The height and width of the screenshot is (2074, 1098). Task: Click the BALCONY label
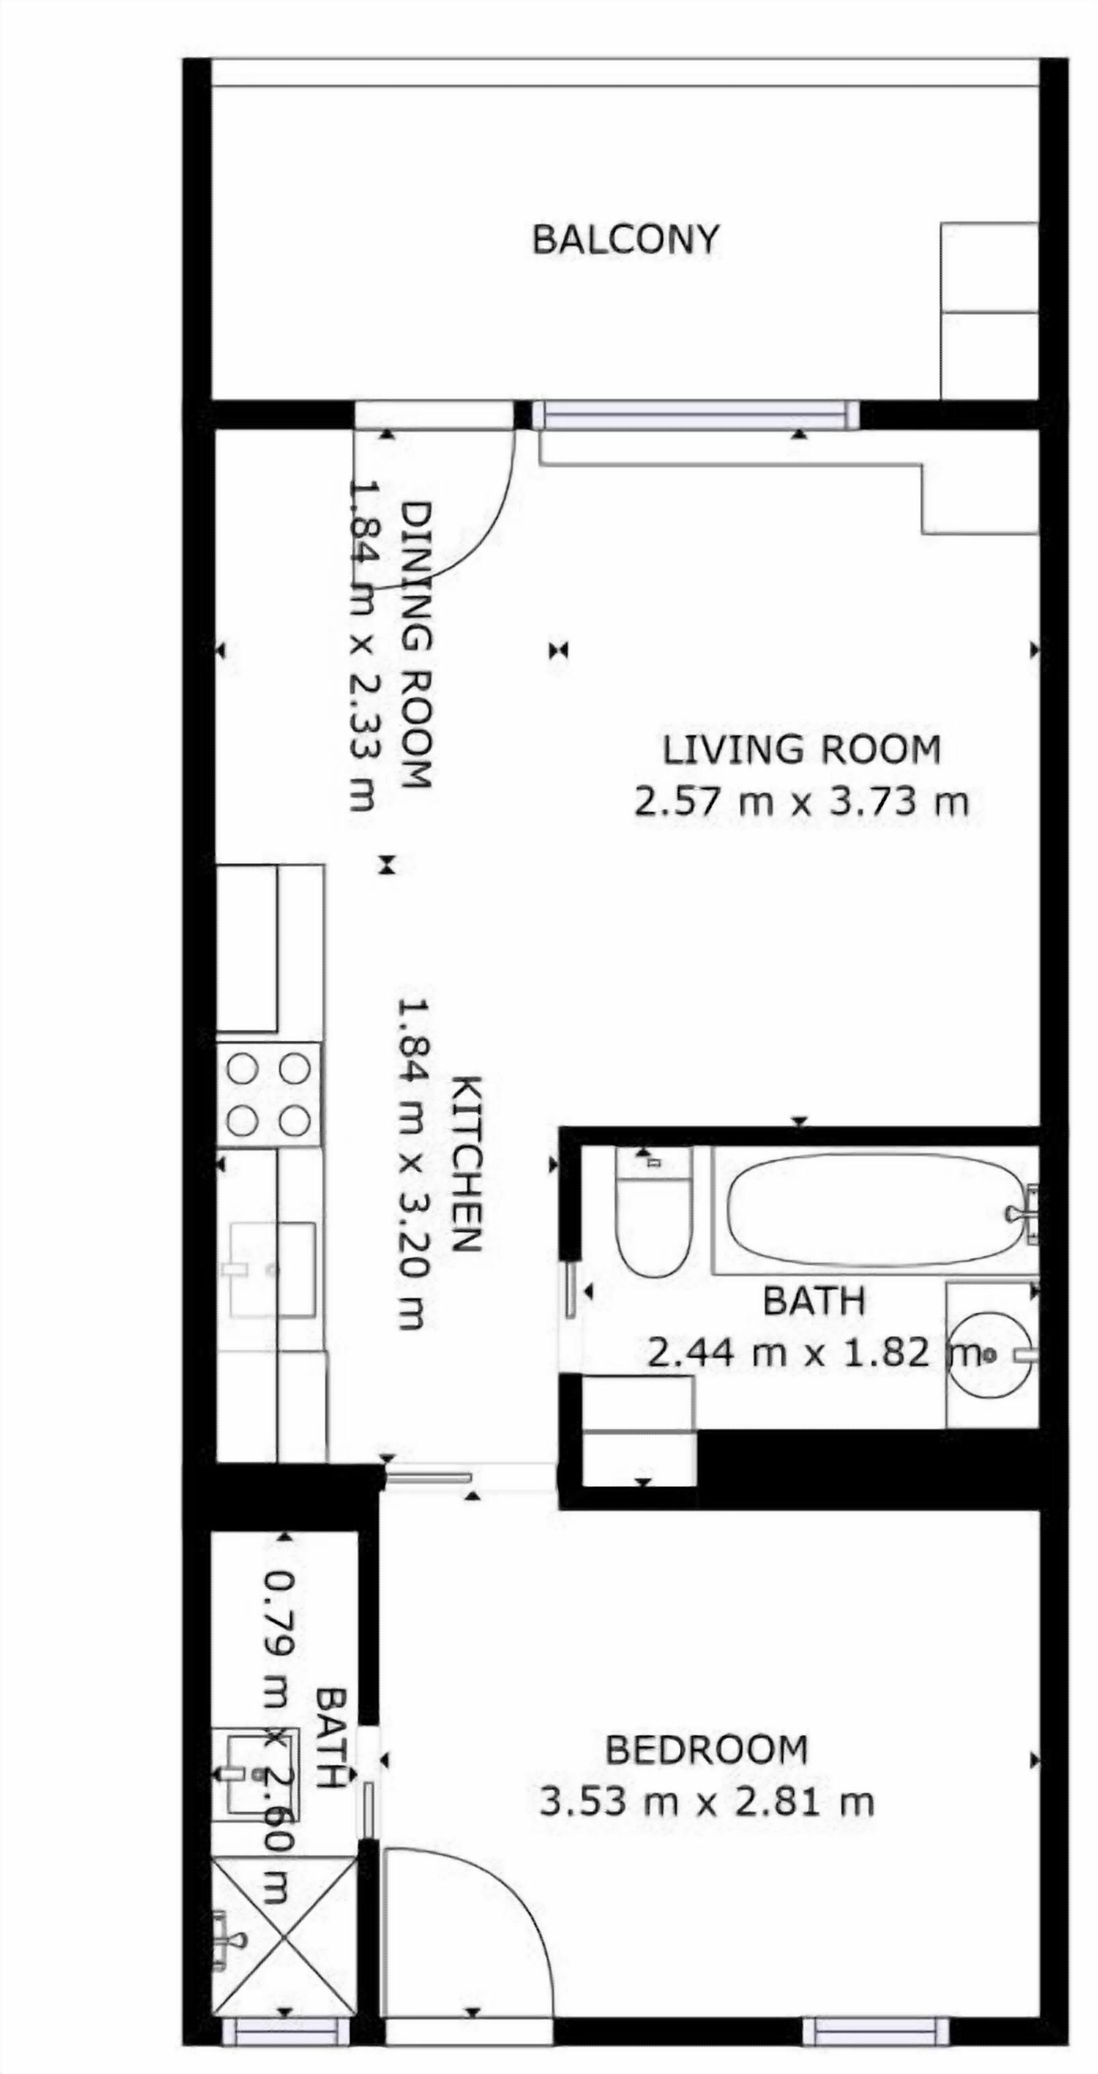click(x=625, y=240)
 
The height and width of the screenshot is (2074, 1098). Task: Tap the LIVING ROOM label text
click(x=801, y=749)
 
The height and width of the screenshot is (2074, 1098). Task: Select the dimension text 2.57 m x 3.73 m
click(x=801, y=802)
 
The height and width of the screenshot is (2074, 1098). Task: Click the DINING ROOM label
click(x=417, y=645)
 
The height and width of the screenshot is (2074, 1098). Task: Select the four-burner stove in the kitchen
click(x=269, y=1095)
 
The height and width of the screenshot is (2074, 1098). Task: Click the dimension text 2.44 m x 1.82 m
click(x=815, y=1353)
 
